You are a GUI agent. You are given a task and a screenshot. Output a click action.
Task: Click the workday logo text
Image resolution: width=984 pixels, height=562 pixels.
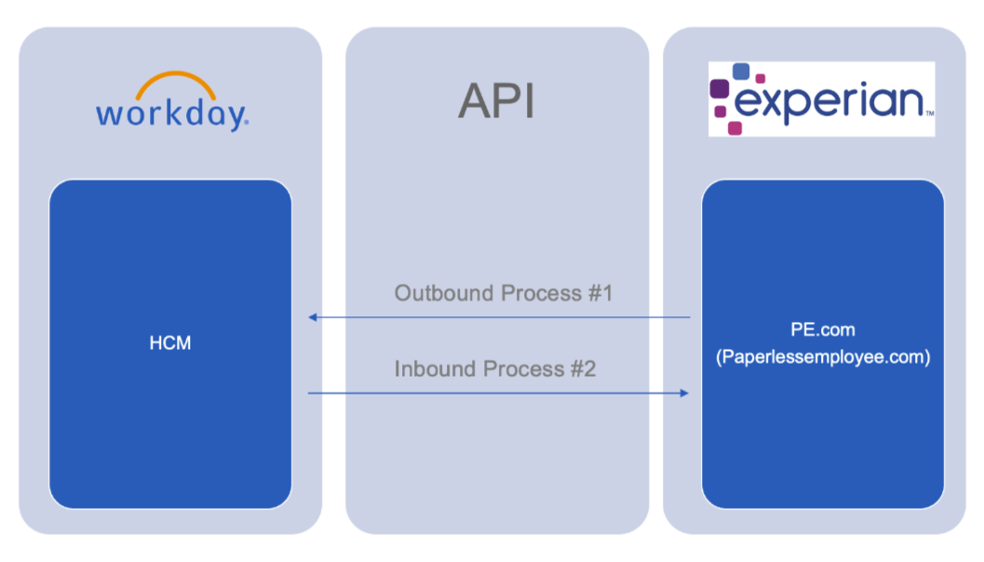[171, 114]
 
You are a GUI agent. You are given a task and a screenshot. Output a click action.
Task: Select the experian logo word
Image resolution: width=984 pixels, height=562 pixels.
[829, 101]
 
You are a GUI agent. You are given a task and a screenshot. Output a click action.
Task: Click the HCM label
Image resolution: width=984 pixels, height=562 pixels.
[170, 343]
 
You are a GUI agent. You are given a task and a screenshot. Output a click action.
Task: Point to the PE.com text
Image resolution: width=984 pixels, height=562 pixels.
[822, 329]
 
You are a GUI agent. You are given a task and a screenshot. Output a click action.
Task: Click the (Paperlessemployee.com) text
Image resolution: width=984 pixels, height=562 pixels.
[823, 357]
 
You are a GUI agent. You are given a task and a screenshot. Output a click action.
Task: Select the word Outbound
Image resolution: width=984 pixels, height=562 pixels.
[444, 293]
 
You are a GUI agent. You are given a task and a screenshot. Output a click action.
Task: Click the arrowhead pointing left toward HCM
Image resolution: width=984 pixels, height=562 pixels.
[313, 318]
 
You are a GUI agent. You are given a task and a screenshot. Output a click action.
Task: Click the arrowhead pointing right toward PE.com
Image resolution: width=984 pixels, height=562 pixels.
[684, 394]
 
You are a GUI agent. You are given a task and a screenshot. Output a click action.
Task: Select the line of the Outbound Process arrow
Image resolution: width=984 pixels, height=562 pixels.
[503, 318]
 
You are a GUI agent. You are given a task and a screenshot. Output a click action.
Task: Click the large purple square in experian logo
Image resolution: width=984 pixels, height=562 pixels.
[720, 89]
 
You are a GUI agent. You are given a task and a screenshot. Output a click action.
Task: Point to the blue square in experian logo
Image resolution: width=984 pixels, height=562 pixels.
[741, 71]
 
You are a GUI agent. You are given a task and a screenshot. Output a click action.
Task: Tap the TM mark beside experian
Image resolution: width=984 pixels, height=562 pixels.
[928, 114]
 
